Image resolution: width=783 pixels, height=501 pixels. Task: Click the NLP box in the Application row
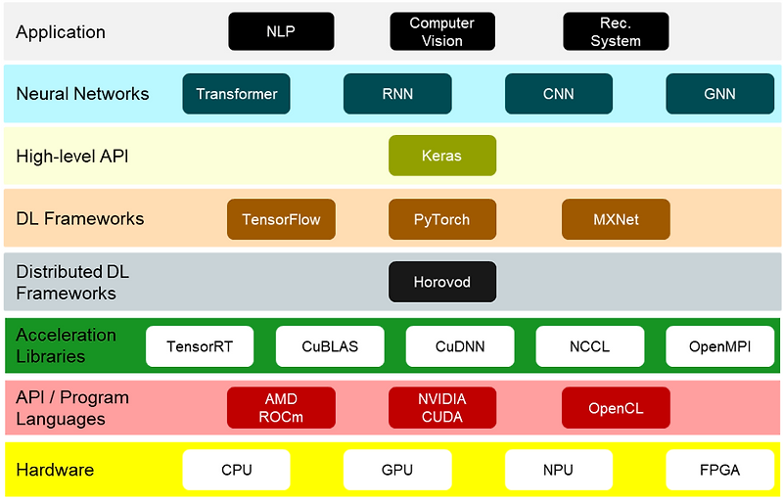click(x=281, y=31)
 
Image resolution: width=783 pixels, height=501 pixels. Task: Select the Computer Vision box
click(x=442, y=31)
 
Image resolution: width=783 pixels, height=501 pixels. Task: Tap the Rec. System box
click(x=616, y=31)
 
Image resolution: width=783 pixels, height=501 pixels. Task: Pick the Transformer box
click(x=237, y=94)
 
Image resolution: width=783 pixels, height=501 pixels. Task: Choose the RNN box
click(x=397, y=94)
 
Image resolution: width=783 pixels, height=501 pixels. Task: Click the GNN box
click(x=719, y=94)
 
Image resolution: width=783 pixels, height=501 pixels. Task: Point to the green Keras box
click(x=442, y=156)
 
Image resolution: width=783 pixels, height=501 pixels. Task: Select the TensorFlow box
click(x=281, y=219)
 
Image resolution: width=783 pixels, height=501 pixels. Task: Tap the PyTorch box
click(x=442, y=219)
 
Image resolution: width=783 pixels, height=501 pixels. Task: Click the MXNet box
click(x=616, y=219)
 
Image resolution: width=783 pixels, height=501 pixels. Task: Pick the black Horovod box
click(x=442, y=282)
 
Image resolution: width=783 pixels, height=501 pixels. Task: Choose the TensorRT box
click(x=200, y=346)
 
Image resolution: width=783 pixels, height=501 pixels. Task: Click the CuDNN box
click(x=460, y=346)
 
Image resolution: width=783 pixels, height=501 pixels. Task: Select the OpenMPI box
click(x=719, y=346)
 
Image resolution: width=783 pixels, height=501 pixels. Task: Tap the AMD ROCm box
click(x=281, y=408)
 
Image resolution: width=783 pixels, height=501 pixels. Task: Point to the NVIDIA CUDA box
click(x=442, y=408)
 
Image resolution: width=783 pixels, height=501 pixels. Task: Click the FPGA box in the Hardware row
click(x=719, y=470)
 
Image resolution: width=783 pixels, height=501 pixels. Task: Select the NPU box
click(x=558, y=470)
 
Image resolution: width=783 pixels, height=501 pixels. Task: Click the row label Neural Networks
click(x=83, y=94)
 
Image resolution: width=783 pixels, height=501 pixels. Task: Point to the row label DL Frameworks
click(x=80, y=218)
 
